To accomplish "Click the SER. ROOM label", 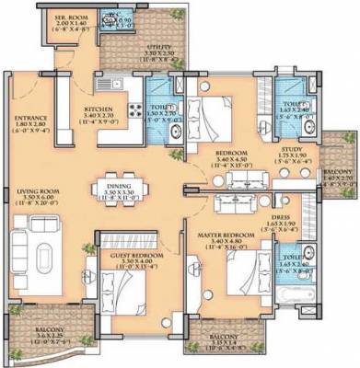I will click(x=67, y=17).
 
